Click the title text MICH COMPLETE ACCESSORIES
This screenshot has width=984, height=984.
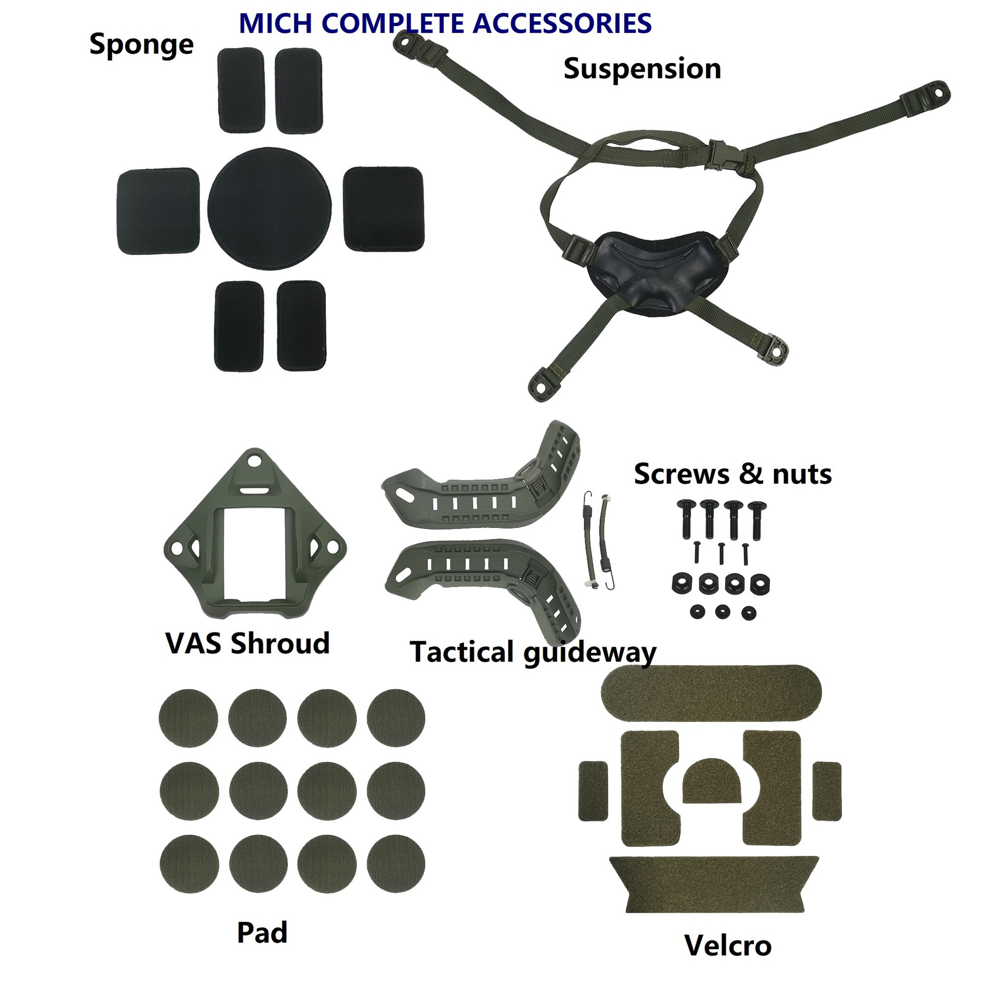445,24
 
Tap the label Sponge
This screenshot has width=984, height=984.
141,45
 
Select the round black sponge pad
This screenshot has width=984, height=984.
270,209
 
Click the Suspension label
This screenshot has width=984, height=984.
642,69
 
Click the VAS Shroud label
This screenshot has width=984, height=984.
247,643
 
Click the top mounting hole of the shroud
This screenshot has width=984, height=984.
252,461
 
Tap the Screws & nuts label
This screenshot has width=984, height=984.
732,474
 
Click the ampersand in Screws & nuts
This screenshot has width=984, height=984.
751,474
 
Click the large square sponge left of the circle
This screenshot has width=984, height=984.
158,211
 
